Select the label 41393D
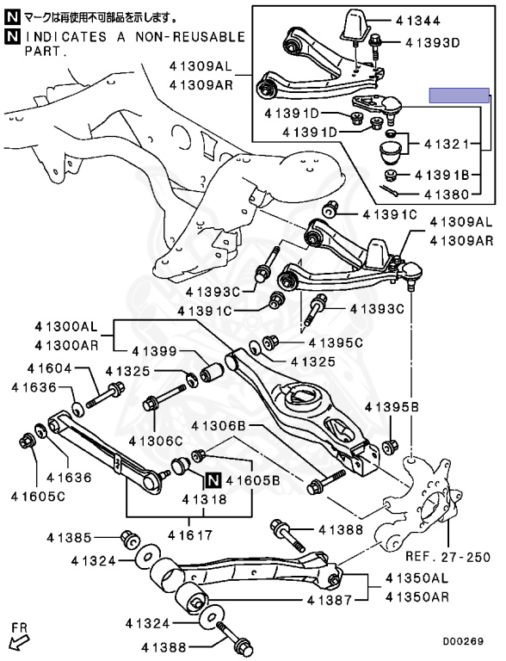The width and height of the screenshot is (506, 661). click(433, 42)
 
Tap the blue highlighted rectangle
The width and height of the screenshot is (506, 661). click(460, 96)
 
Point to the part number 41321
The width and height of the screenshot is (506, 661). click(447, 145)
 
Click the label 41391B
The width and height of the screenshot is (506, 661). click(442, 175)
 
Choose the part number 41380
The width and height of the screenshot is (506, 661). click(447, 195)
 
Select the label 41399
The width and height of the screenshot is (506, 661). click(154, 351)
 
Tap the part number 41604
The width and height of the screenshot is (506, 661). click(49, 368)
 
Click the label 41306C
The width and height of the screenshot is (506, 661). click(156, 441)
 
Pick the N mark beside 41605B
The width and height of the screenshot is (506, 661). click(213, 479)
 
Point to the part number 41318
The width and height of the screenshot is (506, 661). click(205, 499)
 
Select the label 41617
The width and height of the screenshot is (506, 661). click(190, 535)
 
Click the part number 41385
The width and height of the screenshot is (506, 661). click(69, 537)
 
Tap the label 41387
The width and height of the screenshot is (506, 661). click(330, 599)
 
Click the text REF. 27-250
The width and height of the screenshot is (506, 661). click(448, 557)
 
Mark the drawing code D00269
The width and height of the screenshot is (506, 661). click(463, 641)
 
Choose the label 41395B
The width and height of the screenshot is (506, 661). click(392, 407)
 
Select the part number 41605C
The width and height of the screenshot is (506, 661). click(38, 496)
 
